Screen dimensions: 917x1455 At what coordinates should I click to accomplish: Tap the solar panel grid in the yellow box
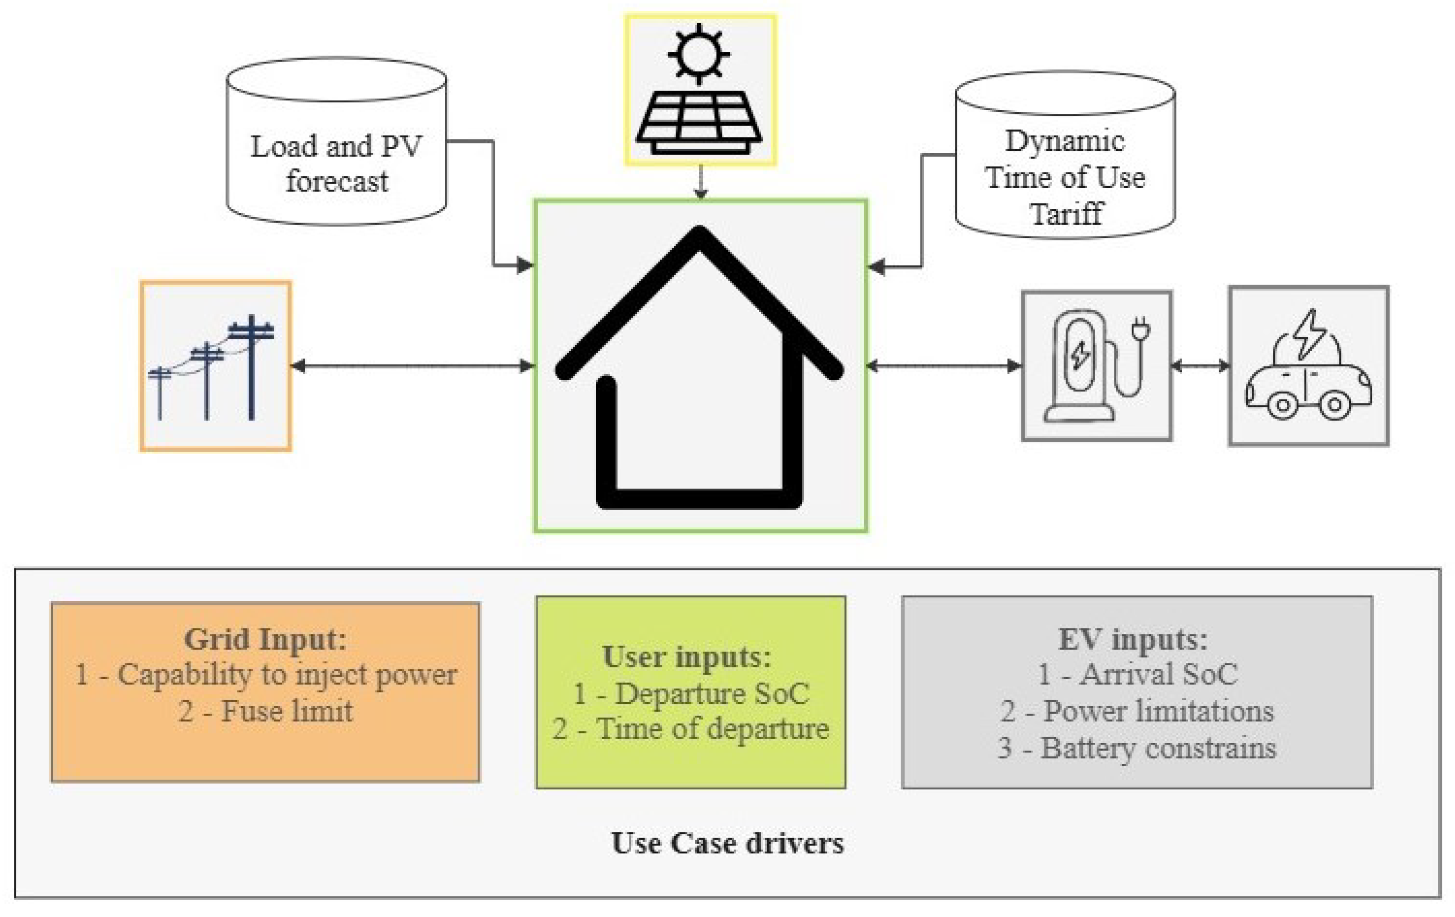(699, 121)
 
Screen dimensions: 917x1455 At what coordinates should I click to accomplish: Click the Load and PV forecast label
(336, 163)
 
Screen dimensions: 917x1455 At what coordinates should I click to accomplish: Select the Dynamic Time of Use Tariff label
(1065, 177)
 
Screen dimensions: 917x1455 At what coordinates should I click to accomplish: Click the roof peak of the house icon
(699, 235)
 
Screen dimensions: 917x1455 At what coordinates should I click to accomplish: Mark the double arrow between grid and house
(413, 365)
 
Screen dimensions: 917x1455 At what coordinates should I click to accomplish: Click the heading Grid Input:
(265, 639)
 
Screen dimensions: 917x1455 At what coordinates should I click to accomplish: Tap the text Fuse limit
(286, 711)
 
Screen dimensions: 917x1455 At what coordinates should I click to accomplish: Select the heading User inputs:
(687, 657)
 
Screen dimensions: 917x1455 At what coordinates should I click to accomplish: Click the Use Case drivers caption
(727, 843)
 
